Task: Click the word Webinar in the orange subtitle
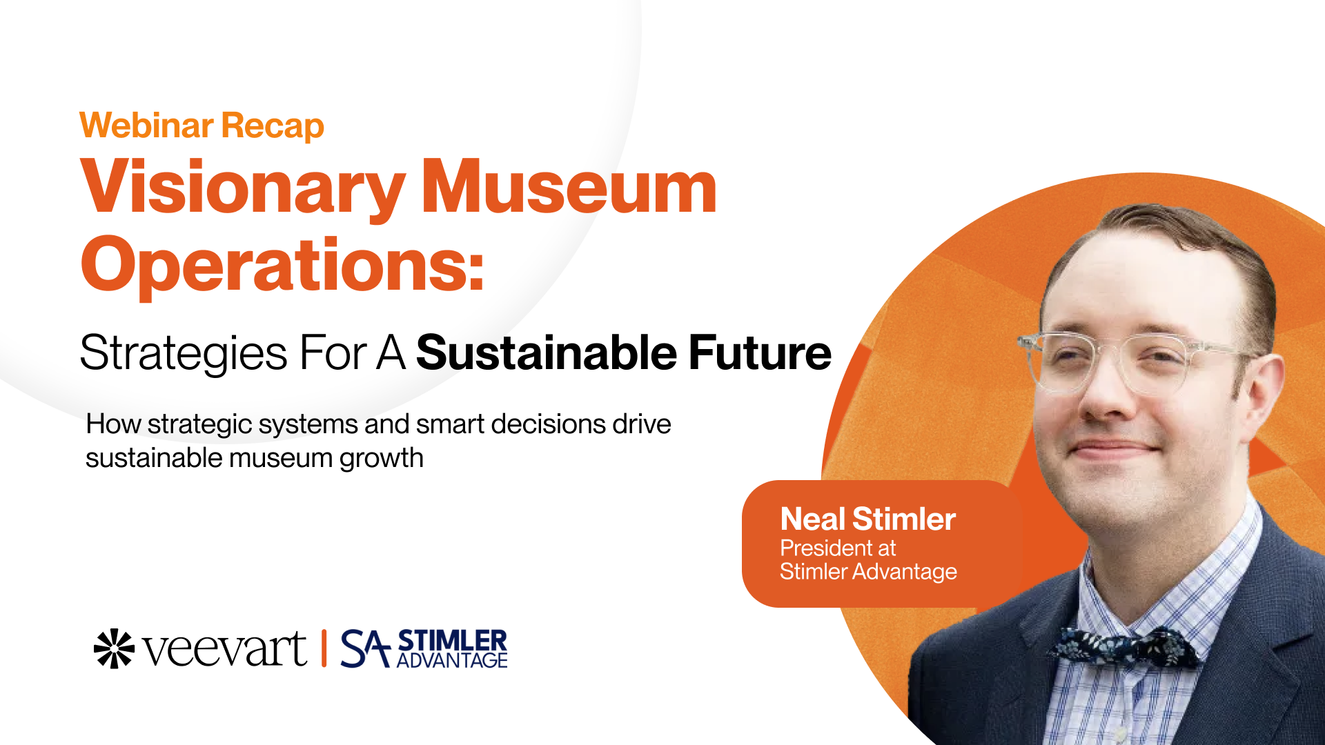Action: tap(146, 126)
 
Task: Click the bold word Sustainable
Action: tap(547, 352)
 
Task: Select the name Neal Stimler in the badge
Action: tap(867, 519)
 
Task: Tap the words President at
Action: tap(838, 548)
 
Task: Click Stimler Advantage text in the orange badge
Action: tap(868, 572)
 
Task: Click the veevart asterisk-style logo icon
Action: tap(114, 648)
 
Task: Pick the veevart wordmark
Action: tap(225, 650)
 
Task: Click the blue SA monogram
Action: tap(366, 648)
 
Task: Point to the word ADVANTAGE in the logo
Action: tap(452, 661)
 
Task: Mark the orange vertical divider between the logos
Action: tap(324, 648)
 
